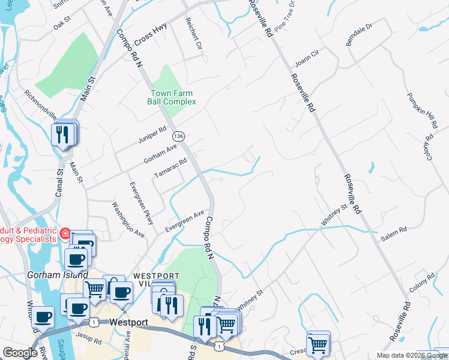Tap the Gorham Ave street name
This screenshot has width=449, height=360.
click(x=160, y=154)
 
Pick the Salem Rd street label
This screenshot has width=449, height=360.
click(x=394, y=234)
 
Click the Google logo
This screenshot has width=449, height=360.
click(x=20, y=353)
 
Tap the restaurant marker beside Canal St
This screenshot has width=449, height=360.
click(x=62, y=134)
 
